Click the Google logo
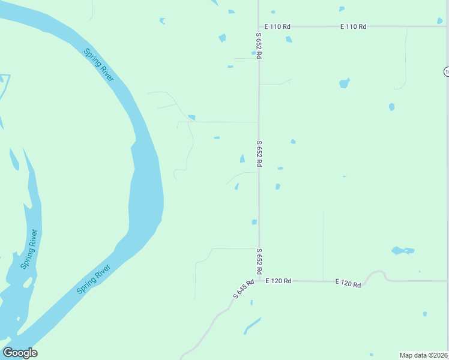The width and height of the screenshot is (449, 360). pyautogui.click(x=20, y=353)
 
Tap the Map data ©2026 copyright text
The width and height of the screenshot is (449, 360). pyautogui.click(x=424, y=355)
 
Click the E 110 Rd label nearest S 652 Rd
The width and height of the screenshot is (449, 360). pyautogui.click(x=277, y=26)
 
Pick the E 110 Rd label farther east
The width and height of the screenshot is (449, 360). pyautogui.click(x=353, y=26)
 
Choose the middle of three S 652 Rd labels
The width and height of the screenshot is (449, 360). pyautogui.click(x=259, y=154)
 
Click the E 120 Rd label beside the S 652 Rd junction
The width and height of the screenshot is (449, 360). pyautogui.click(x=279, y=281)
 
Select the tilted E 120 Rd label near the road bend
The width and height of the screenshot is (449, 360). pyautogui.click(x=348, y=283)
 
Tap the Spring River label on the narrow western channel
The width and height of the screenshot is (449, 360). pyautogui.click(x=29, y=249)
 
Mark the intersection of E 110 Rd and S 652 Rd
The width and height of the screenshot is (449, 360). pyautogui.click(x=259, y=26)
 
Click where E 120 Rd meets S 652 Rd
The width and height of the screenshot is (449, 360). pyautogui.click(x=259, y=280)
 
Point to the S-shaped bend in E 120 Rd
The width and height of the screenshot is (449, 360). pyautogui.click(x=377, y=275)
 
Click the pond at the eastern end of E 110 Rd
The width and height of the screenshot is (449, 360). pyautogui.click(x=441, y=22)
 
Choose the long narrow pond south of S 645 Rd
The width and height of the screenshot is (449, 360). pyautogui.click(x=252, y=326)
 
